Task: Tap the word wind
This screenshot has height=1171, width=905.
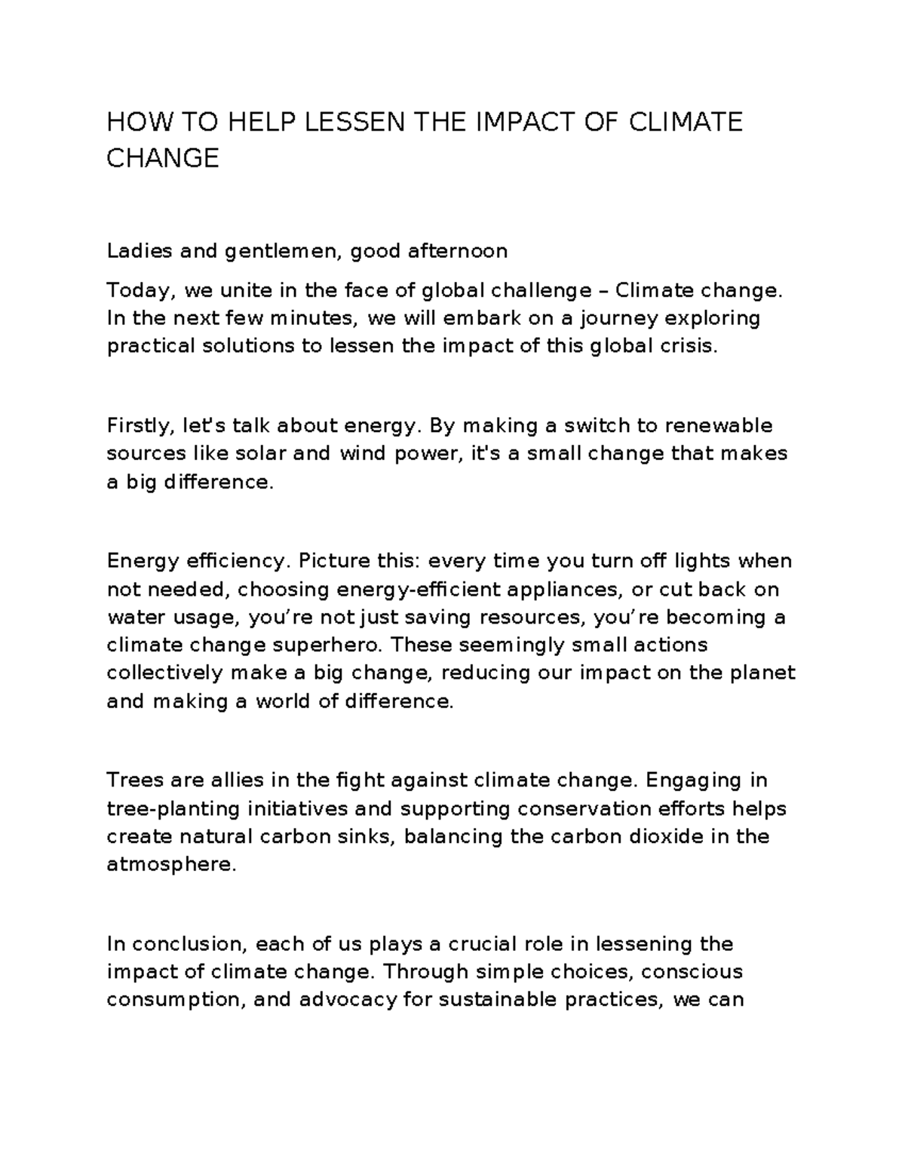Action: (x=362, y=454)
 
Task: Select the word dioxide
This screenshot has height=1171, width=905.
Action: (x=671, y=837)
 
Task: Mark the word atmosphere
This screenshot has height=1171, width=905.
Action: (x=171, y=865)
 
